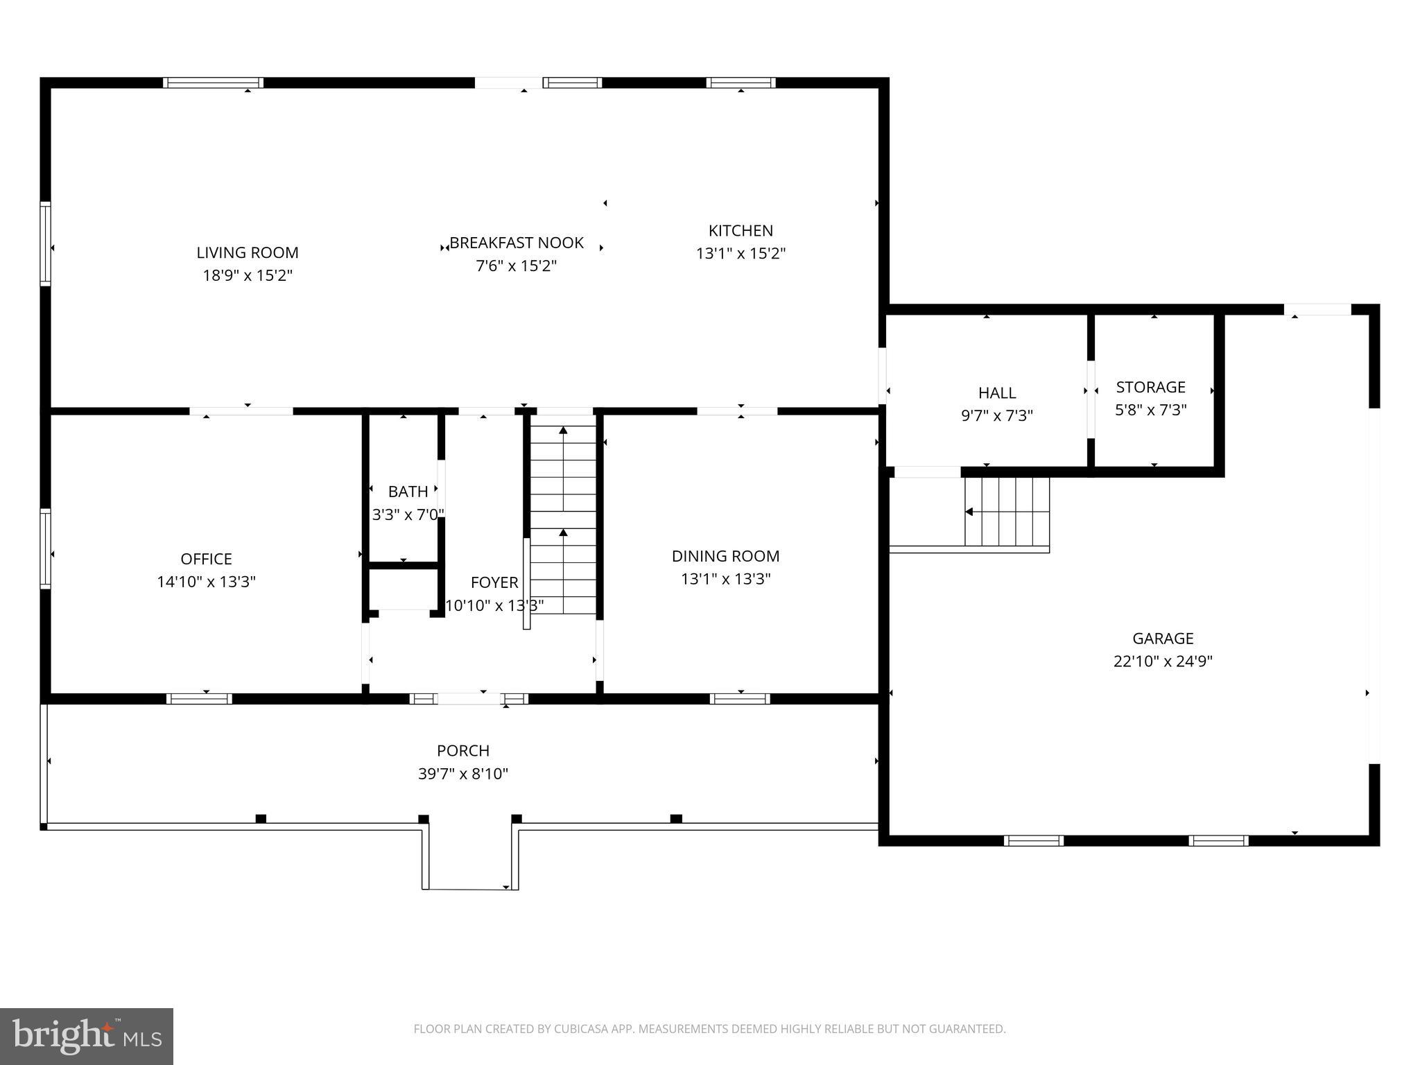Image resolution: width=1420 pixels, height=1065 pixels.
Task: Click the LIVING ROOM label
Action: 247,252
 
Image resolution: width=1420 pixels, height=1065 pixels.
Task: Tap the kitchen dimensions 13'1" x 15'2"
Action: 741,254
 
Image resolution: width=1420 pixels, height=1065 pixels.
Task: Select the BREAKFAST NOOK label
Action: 517,243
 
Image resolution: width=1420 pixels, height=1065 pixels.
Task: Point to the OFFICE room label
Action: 206,559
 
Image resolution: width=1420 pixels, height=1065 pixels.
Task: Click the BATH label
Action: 408,492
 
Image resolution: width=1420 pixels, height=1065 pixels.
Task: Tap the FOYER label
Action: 494,582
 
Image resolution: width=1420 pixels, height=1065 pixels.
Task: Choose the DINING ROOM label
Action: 725,556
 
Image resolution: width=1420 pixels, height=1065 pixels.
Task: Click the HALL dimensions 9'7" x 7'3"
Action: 996,416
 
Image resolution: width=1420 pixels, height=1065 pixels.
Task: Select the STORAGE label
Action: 1150,387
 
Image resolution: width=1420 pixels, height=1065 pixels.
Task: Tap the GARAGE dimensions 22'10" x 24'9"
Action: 1163,661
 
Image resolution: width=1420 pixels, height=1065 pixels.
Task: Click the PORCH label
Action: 462,750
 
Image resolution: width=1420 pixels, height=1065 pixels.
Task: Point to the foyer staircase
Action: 563,520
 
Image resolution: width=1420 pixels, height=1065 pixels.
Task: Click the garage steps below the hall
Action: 1007,512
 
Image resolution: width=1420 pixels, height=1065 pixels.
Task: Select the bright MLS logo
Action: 87,1036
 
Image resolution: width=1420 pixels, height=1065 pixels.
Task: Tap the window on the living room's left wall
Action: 46,243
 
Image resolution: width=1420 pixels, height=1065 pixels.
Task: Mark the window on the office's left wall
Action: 46,548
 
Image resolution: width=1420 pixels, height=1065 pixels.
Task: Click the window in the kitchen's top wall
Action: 741,83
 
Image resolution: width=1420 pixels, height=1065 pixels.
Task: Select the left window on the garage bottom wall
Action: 1033,840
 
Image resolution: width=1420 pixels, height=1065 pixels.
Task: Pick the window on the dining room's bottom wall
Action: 740,698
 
